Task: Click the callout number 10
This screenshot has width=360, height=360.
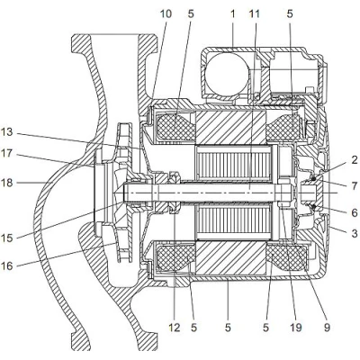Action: [165, 15]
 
